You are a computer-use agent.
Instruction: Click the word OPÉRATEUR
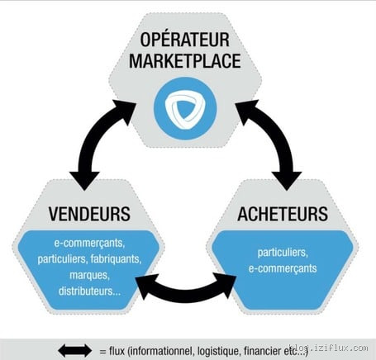point(185,40)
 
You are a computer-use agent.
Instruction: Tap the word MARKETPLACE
point(185,61)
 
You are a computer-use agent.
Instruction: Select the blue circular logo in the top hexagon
point(185,108)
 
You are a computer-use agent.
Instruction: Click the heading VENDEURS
point(89,214)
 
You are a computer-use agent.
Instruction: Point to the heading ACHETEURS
point(283,214)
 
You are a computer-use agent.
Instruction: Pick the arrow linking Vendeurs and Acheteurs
point(185,295)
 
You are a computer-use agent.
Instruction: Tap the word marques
point(89,275)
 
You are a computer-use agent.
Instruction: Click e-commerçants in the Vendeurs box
point(89,244)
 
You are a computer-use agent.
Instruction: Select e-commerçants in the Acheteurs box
point(283,268)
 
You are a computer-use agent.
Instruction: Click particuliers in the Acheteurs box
point(283,253)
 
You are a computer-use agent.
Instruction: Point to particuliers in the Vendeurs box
point(63,259)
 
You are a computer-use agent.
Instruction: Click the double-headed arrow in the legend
point(75,351)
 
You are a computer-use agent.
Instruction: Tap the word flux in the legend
point(117,351)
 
